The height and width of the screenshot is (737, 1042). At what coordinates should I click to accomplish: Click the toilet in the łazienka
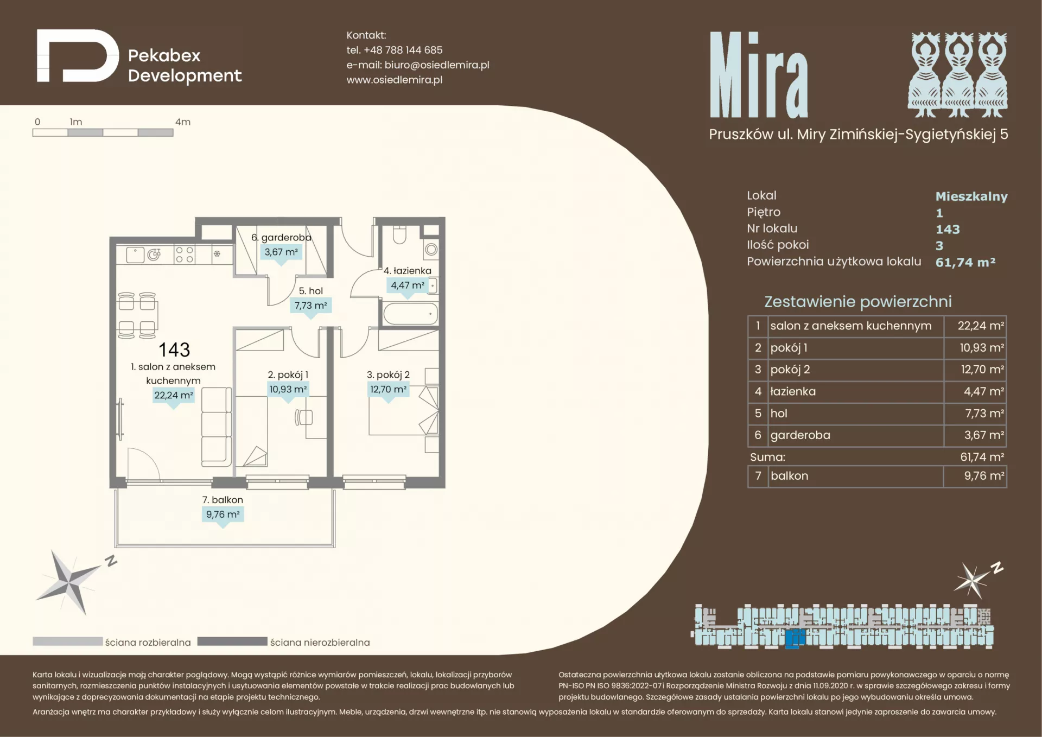coord(399,234)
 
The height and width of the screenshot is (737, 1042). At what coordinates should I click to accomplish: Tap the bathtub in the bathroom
coord(410,314)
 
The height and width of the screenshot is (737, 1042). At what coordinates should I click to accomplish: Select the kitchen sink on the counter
coord(144,255)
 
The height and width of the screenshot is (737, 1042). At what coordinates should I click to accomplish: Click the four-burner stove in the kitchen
coord(185,255)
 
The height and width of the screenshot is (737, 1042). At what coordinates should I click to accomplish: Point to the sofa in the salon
coord(217,427)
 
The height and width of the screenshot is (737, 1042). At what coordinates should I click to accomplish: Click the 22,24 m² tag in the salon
coord(174,396)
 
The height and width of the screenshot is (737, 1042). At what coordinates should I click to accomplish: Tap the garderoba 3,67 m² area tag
coord(281,252)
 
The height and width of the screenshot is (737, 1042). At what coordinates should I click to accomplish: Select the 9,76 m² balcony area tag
coord(223,514)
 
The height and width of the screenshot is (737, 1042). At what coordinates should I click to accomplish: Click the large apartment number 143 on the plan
coord(174,350)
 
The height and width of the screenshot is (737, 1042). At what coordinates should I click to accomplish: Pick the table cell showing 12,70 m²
coord(975,370)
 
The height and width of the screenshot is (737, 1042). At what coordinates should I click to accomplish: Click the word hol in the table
coord(779,414)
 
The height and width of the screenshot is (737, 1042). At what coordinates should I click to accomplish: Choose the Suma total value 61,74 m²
coord(982,457)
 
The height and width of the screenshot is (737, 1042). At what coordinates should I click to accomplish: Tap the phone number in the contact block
coord(403,50)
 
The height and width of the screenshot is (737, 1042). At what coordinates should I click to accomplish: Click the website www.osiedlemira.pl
coord(395,80)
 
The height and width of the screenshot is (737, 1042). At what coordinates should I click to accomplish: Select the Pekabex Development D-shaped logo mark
coord(78,56)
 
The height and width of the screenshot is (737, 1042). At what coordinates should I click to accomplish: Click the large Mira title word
coord(759,75)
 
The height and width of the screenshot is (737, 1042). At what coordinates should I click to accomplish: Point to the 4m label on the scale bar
coord(183,122)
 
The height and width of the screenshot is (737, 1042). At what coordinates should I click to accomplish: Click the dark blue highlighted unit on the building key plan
coord(795,639)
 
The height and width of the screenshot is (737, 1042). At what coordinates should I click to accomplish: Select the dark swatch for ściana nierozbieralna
coord(232,641)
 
